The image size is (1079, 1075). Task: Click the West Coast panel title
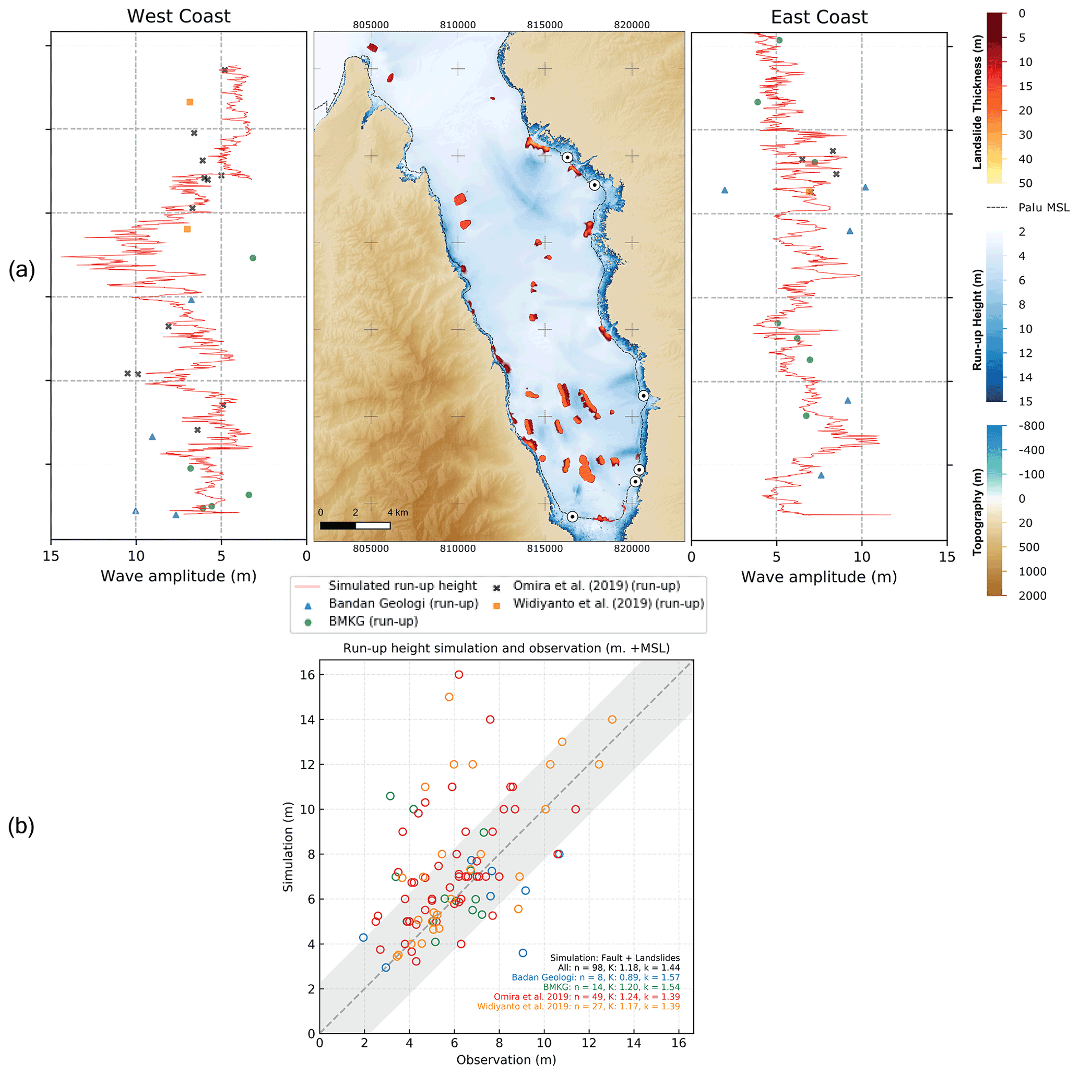[178, 16]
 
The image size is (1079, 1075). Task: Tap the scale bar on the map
[354, 525]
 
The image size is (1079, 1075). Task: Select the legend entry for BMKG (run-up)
[373, 621]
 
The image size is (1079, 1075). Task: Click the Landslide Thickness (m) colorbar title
[977, 102]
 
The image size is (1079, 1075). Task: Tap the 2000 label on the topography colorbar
[1032, 595]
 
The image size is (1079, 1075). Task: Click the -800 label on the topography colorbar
[1031, 425]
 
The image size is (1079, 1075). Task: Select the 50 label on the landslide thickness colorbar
[1025, 183]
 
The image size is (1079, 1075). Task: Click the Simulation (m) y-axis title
[288, 846]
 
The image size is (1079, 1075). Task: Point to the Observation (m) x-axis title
[506, 1059]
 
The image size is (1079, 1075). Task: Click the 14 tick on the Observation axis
[634, 1043]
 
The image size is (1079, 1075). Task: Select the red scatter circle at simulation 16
[458, 675]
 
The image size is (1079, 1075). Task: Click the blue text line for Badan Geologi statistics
[595, 977]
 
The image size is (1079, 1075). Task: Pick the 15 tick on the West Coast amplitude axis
[51, 556]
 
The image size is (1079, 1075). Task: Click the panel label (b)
[21, 826]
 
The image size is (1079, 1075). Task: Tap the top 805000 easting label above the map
[371, 25]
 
